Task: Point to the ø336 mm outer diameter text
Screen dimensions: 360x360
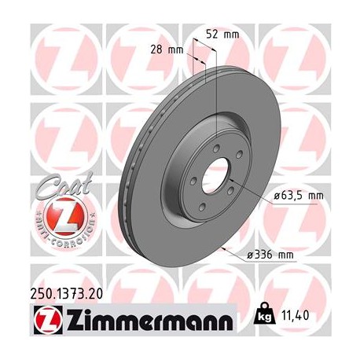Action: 271,255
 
